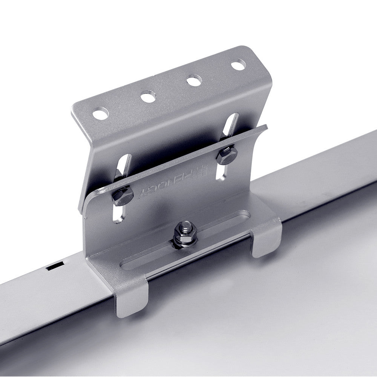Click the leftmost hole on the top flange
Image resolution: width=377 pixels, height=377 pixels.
[100, 113]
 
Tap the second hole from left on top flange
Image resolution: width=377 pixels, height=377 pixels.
[148, 97]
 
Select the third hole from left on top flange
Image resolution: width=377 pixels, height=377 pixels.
[194, 81]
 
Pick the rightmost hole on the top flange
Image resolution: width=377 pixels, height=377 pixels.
[238, 65]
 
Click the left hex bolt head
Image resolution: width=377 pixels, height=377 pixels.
[123, 196]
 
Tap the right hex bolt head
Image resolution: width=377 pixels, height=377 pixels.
[227, 155]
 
